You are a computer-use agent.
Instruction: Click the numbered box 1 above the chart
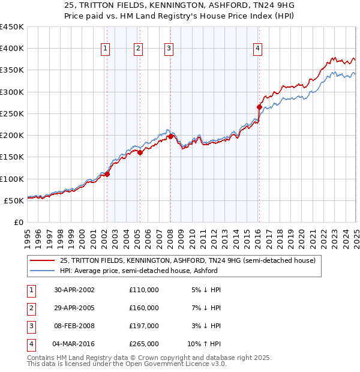click(106, 49)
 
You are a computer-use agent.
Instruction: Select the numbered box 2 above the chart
click(139, 49)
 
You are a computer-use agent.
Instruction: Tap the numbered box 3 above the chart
click(169, 49)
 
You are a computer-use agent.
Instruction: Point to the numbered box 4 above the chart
click(257, 49)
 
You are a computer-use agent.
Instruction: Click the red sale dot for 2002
click(107, 174)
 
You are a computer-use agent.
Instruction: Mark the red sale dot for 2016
click(259, 107)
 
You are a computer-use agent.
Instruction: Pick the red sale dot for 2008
click(170, 137)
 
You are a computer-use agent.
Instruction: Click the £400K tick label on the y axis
click(11, 49)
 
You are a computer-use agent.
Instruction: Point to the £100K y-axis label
click(11, 179)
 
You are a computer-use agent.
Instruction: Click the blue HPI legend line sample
click(42, 271)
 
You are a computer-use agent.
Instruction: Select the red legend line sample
click(42, 260)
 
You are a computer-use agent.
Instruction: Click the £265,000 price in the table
click(144, 344)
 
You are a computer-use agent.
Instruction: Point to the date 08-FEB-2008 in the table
click(74, 326)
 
